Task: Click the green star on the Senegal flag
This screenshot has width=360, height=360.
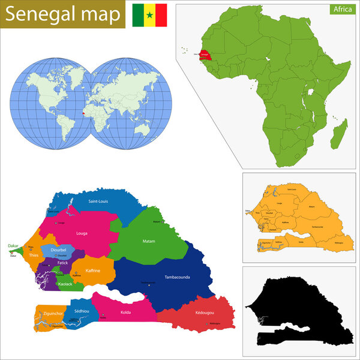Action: [x=149, y=14]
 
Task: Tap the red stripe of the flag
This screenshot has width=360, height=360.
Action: [x=161, y=14]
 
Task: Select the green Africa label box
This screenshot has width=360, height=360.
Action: [x=343, y=10]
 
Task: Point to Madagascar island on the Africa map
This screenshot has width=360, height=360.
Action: [x=338, y=133]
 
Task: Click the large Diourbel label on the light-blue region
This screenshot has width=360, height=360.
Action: [x=59, y=250]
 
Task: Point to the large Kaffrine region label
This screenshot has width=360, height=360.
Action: [x=93, y=271]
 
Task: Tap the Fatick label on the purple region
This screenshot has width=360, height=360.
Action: [x=63, y=263]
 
